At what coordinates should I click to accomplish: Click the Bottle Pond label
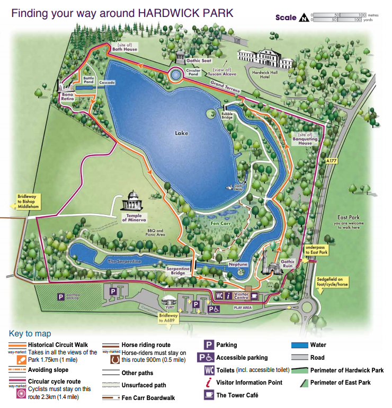pyautogui.click(x=88, y=81)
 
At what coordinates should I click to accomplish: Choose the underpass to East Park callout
pyautogui.click(x=317, y=249)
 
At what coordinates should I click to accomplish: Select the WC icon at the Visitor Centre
pyautogui.click(x=219, y=296)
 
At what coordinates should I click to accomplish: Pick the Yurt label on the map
pyautogui.click(x=170, y=306)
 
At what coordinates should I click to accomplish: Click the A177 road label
pyautogui.click(x=332, y=160)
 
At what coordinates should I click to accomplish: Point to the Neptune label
pyautogui.click(x=238, y=264)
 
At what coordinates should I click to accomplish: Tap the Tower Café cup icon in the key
pyautogui.click(x=209, y=395)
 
